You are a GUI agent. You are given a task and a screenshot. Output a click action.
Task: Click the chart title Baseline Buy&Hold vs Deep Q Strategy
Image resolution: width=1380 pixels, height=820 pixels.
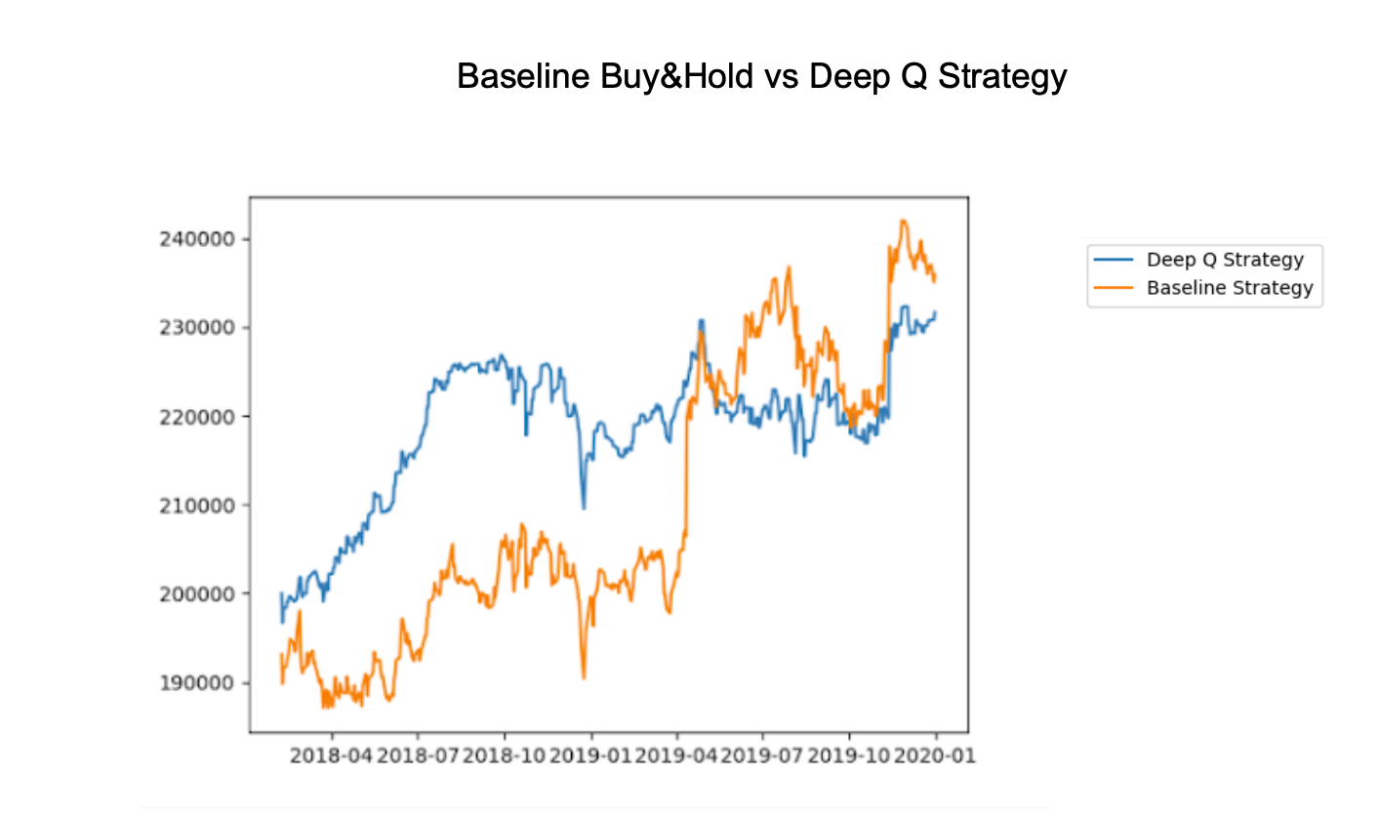[x=761, y=76]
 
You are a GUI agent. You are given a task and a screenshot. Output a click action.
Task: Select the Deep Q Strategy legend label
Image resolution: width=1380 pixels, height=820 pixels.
[x=1225, y=260]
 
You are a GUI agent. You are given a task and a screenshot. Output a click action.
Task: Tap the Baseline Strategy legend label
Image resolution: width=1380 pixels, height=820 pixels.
[x=1230, y=288]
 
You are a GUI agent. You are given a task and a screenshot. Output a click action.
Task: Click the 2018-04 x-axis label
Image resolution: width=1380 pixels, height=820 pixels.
[x=332, y=756]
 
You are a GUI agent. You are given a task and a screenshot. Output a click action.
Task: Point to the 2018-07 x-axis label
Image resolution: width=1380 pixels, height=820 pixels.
[x=418, y=756]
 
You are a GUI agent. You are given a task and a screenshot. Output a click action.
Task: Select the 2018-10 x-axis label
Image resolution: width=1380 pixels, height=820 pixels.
[x=505, y=756]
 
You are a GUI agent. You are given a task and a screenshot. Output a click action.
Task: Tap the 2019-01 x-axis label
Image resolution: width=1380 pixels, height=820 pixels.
[x=591, y=756]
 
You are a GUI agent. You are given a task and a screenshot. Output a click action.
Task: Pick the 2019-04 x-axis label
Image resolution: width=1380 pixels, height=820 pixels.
[x=677, y=756]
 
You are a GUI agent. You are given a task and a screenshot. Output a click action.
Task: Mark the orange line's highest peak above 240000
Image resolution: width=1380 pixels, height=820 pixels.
[x=903, y=221]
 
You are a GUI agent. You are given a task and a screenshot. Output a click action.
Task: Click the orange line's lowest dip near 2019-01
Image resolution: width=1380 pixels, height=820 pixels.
[x=584, y=677]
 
